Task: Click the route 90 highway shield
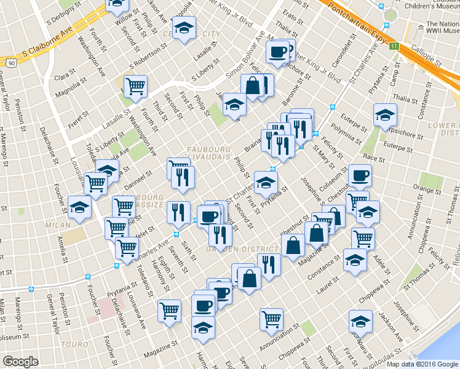pyautogui.click(x=11, y=62)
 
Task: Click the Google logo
pyautogui.click(x=21, y=362)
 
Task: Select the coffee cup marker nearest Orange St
pyautogui.click(x=360, y=175)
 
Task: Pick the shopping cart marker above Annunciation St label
pyautogui.click(x=271, y=318)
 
